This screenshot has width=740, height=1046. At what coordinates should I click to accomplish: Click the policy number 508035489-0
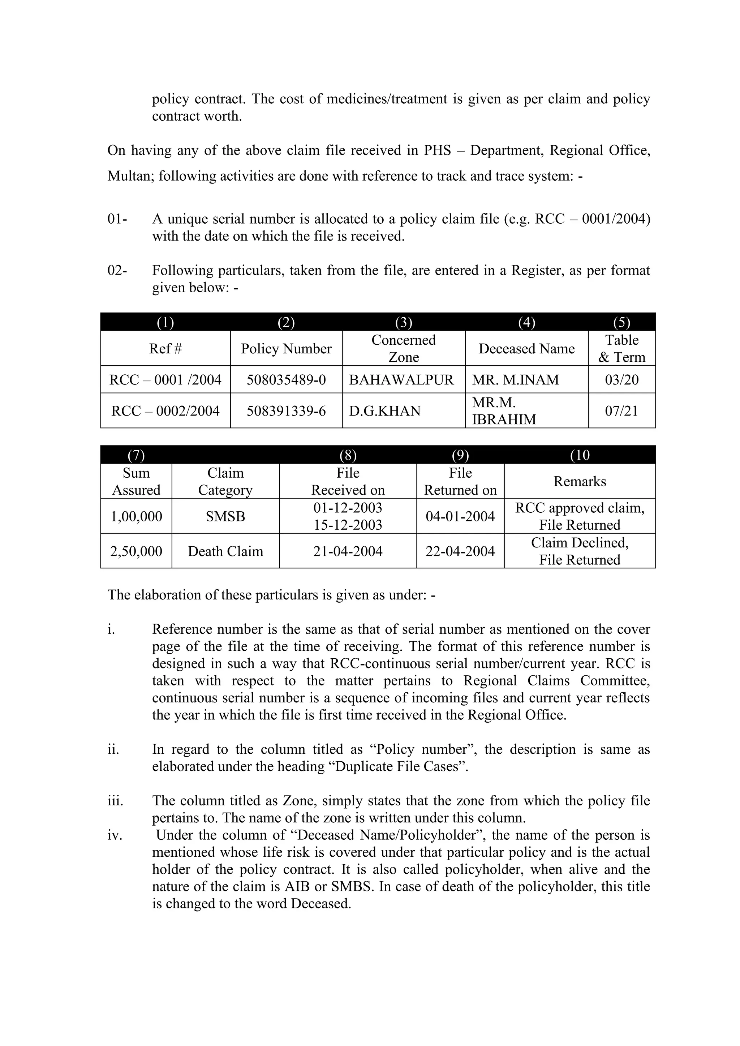pos(286,379)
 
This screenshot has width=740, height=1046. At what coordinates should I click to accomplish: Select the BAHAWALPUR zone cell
pos(401,379)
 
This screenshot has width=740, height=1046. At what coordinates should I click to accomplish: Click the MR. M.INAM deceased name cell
pos(515,379)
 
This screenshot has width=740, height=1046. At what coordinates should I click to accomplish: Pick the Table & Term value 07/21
pos(621,411)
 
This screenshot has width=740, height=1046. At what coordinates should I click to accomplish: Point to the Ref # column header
pos(165,349)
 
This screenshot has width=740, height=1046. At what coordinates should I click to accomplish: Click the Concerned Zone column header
pos(403,349)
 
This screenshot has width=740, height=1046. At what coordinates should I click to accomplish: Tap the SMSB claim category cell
pos(225,516)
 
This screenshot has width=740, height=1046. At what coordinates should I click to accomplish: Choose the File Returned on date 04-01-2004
pos(460,516)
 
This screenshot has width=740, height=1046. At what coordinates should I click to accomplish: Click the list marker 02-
pos(117,271)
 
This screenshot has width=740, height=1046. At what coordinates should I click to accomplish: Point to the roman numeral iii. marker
pos(115,800)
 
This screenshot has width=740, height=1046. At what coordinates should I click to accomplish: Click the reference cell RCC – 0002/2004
pos(165,411)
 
